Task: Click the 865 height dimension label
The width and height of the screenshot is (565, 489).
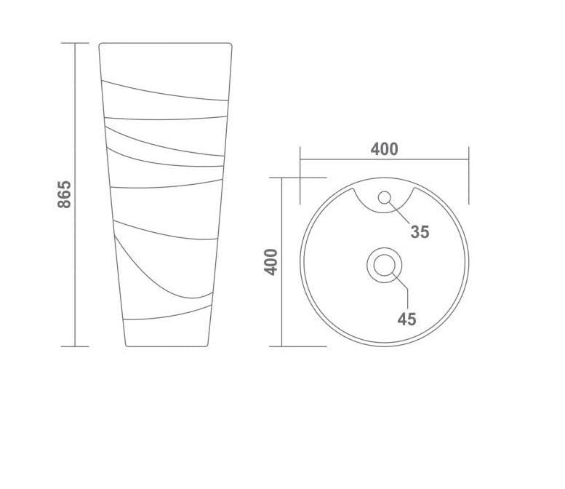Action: [65, 194]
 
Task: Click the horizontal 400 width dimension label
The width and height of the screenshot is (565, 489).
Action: [385, 149]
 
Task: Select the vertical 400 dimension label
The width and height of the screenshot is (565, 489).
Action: [271, 262]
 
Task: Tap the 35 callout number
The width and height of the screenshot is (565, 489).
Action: [420, 232]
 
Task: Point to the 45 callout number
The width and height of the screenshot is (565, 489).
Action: [406, 319]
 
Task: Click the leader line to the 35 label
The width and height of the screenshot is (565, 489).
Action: [398, 212]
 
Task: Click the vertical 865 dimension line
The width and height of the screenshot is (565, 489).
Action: [75, 195]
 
